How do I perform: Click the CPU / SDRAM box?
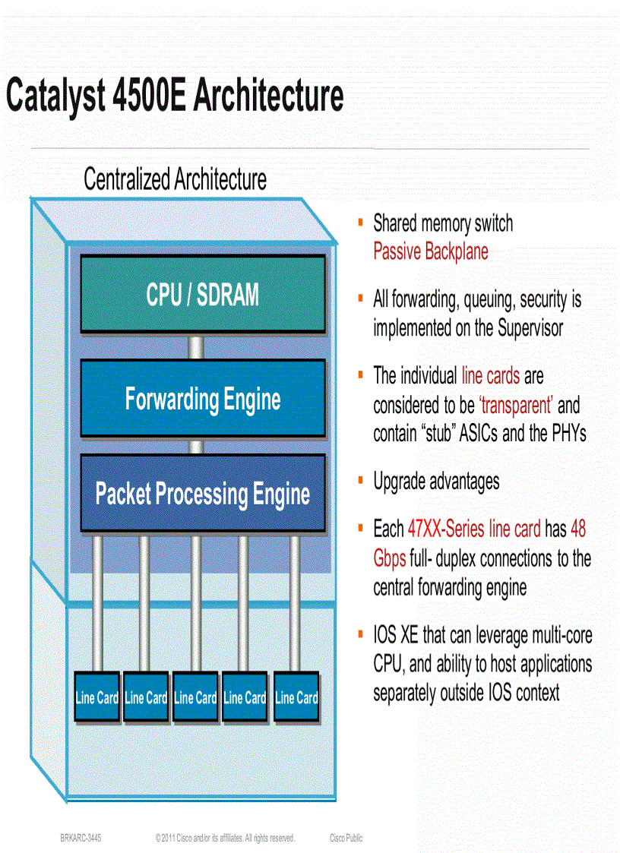202,294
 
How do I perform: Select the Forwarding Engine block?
202,399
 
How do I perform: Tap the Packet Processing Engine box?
202,493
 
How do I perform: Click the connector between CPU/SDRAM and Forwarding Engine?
196,347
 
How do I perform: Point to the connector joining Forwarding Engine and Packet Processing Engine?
196,446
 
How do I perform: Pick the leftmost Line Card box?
96,697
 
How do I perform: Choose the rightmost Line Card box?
296,697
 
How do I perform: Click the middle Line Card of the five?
195,697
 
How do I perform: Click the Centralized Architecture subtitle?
175,180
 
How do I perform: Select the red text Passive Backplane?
430,251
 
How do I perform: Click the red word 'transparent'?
516,405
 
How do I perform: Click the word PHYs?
566,434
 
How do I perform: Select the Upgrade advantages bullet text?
436,481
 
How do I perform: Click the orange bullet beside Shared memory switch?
361,222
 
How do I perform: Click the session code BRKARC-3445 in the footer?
81,838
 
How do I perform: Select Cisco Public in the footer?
346,838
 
